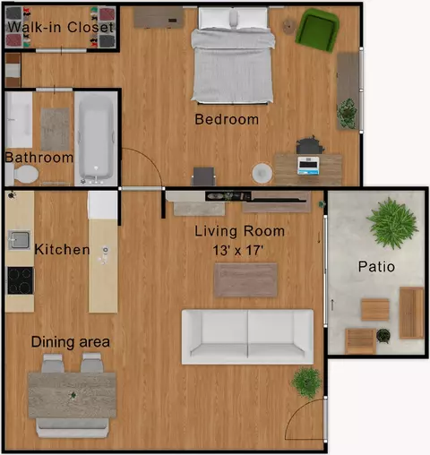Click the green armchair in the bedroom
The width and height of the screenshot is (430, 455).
click(317, 30)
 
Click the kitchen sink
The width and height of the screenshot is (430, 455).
click(20, 240)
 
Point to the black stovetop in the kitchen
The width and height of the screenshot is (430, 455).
click(21, 280)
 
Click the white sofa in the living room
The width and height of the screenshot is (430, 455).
click(247, 337)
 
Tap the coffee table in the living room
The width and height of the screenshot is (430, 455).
click(245, 280)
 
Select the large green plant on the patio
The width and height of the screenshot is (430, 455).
click(392, 223)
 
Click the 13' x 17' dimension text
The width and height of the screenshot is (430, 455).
click(238, 251)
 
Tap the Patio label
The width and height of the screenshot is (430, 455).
click(376, 266)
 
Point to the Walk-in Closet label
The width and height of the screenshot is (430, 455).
click(61, 27)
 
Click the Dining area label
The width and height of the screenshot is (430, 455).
click(71, 342)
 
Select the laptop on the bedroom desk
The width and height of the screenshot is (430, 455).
click(308, 166)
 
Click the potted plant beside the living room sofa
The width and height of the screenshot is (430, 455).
click(306, 382)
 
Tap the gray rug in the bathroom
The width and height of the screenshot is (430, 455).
click(55, 129)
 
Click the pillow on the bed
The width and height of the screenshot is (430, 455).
click(234, 20)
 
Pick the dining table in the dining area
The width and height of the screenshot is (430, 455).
click(72, 395)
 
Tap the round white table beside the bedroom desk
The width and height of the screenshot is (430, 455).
click(262, 173)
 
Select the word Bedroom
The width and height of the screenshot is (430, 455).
click(227, 119)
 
